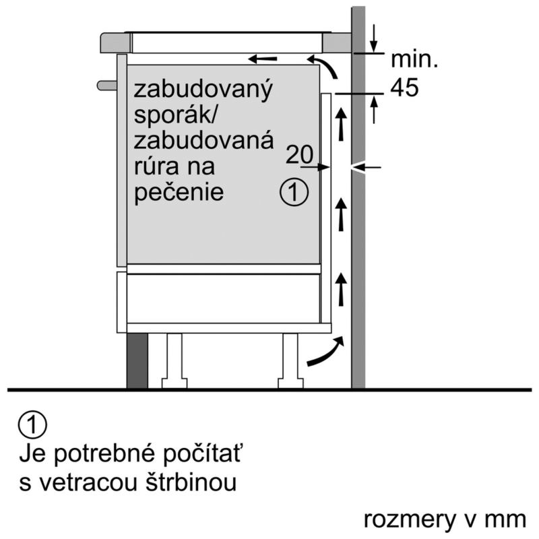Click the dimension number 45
coord(404,88)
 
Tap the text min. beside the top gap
coord(414,59)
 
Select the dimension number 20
coord(299,154)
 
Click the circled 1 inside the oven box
coord(294,192)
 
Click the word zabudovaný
coord(203,90)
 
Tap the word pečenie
coord(179,191)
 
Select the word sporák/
coord(175,116)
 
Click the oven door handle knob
coord(107,86)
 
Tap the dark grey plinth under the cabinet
coord(137,360)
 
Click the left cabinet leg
coord(175,361)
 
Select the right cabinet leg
coord(290,361)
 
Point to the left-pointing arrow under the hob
coord(262,59)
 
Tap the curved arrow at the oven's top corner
coord(323,65)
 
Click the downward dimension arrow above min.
coord(374,38)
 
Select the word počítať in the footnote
coord(201,454)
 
